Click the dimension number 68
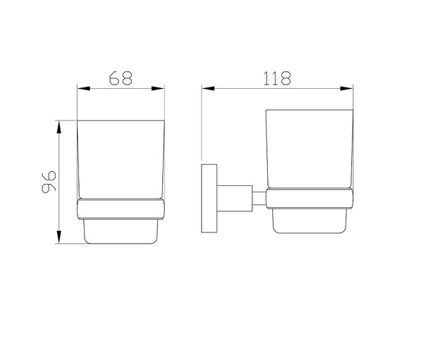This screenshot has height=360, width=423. click(121, 78)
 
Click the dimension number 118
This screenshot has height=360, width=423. click(277, 78)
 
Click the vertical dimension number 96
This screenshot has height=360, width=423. click(49, 182)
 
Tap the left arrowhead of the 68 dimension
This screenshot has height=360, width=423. click(84, 88)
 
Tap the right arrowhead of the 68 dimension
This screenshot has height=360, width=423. click(158, 88)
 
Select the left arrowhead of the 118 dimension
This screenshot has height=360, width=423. click(208, 88)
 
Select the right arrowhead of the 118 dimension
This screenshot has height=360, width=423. click(347, 88)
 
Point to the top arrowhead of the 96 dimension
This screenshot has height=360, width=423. click(59, 127)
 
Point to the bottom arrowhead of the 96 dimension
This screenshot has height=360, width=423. click(59, 237)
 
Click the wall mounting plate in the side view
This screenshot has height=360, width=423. click(209, 198)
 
